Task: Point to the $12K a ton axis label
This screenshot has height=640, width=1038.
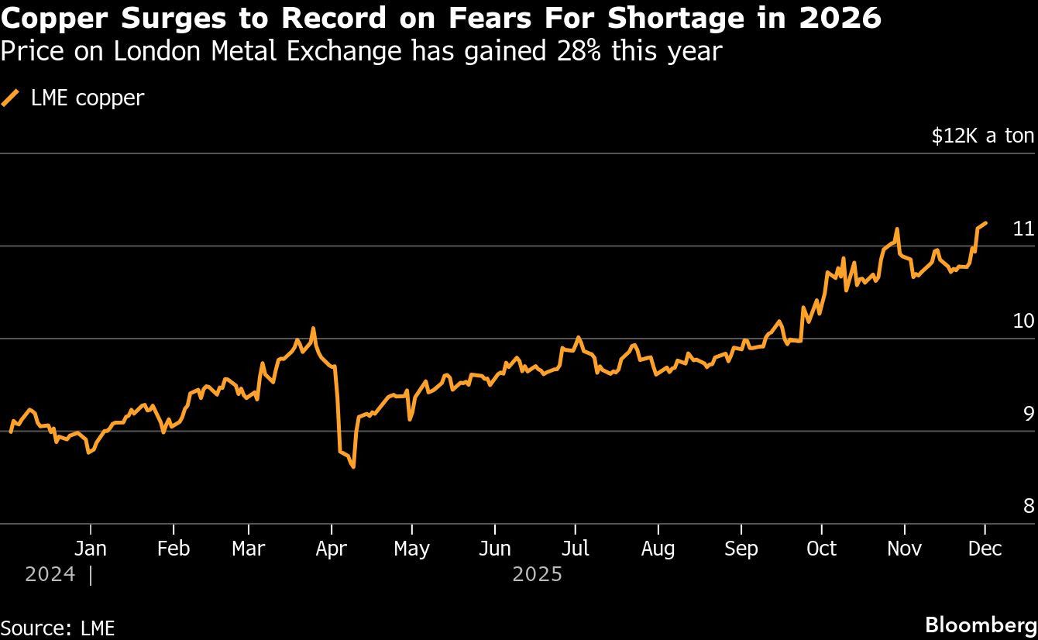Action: [x=982, y=136]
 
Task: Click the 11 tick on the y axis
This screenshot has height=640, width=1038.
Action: [x=1023, y=229]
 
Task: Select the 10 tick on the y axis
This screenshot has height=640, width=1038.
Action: [x=1023, y=321]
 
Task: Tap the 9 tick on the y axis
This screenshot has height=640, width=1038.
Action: [x=1028, y=414]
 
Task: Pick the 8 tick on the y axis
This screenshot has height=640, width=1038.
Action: [x=1028, y=506]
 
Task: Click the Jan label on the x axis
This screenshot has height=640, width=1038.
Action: [x=91, y=549]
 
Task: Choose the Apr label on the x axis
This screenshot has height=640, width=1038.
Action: [x=332, y=549]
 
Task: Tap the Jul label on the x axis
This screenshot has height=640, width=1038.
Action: [x=576, y=549]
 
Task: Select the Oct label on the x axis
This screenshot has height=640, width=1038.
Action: [x=821, y=549]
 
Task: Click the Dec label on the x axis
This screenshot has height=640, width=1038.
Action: [x=985, y=549]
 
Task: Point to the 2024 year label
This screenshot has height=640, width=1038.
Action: [x=50, y=575]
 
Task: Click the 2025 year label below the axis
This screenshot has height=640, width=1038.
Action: [x=537, y=575]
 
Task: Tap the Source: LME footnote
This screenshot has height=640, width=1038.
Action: [x=57, y=628]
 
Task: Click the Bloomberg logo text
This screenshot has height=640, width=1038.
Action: [x=981, y=625]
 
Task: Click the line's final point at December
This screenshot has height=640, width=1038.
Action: [x=985, y=223]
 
